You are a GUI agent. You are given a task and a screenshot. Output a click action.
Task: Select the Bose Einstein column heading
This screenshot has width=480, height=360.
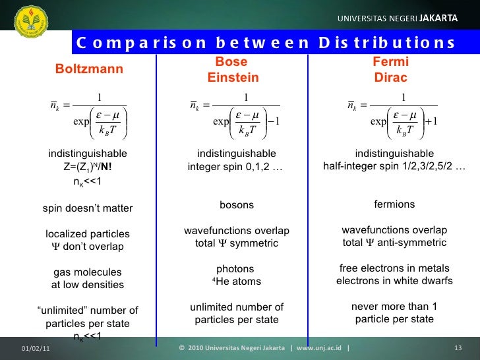233,70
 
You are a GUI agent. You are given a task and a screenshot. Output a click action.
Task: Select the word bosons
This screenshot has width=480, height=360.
236,205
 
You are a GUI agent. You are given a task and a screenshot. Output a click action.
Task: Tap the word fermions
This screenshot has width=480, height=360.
394,204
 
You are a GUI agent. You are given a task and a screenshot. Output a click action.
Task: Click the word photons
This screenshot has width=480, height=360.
235,269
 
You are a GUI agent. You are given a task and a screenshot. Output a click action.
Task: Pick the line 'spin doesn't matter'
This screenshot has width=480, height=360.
88,209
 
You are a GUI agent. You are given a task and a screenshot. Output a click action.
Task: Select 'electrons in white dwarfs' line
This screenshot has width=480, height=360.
394,282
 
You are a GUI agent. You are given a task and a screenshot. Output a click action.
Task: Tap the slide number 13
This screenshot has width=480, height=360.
459,347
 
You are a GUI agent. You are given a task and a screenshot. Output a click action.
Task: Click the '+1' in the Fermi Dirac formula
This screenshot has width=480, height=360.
431,121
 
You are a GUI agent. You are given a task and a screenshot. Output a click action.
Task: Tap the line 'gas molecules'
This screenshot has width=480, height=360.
88,272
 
